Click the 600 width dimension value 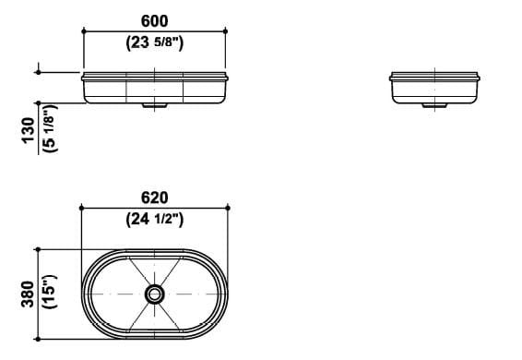tap(155, 20)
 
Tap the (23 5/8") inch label tap(155, 42)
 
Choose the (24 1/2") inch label tap(155, 220)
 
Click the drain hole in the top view tap(156, 294)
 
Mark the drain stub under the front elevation tap(155, 105)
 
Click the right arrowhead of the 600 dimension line tap(226, 31)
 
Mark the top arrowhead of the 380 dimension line tap(38, 249)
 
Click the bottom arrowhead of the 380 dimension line tap(38, 339)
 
